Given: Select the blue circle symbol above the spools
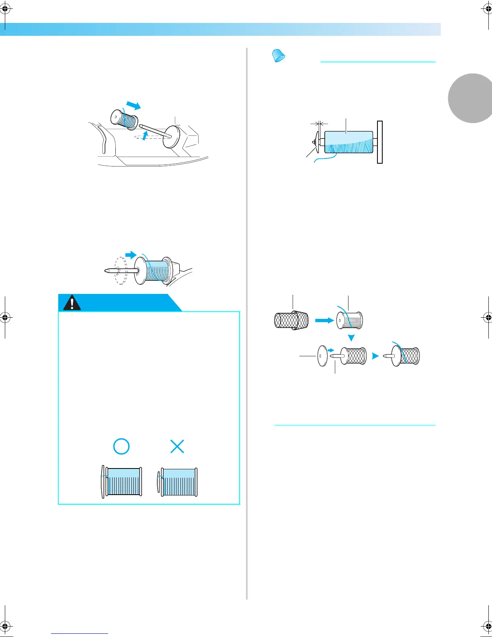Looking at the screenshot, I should pos(121,446).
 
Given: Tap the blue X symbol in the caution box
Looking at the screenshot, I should pos(177,446).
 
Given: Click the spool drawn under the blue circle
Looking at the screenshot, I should pos(122,482).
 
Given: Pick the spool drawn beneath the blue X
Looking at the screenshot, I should pos(178,482).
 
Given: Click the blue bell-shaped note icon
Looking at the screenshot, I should pos(278,55).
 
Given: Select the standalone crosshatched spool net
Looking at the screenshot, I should pos(291,321).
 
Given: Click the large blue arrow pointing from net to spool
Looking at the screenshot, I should pos(324,321).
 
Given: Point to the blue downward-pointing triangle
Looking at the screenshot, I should pos(351,338).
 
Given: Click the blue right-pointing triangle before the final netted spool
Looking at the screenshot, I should pos(375,356).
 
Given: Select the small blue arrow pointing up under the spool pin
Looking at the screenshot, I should pos(145,136).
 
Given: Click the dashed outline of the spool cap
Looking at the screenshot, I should pos(121,271).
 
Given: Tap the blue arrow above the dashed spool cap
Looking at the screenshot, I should pos(131,255).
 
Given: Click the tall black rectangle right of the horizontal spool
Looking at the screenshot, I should pos(380,142).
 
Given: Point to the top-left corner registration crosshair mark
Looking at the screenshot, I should pos(5,9).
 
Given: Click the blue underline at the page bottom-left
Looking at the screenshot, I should pos(80,633).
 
